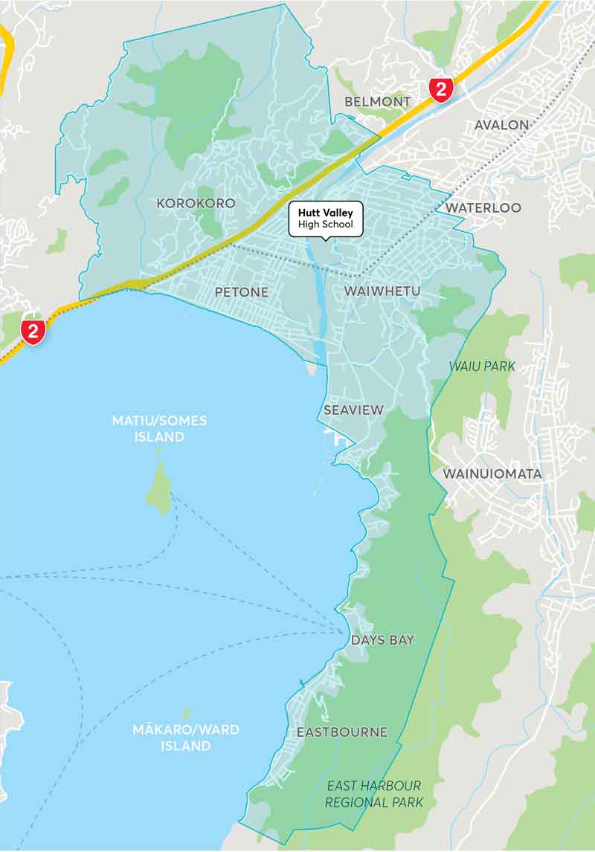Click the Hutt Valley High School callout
coord(326,219)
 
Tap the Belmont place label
coord(377,101)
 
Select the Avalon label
coord(502,125)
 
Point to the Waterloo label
coord(483,207)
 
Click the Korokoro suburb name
coord(196,203)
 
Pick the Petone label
coord(241,292)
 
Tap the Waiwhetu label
coord(382,292)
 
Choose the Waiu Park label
coord(482,367)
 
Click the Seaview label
coord(353,410)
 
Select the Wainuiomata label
coord(492,474)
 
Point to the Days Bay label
coord(382,640)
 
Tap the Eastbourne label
coord(341,732)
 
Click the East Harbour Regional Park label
coord(374,794)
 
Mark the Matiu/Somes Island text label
coord(159,429)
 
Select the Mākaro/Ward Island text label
coord(186,738)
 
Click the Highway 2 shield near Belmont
coord(441,90)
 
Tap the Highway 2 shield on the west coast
coord(33,332)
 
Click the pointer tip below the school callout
coord(325,240)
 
